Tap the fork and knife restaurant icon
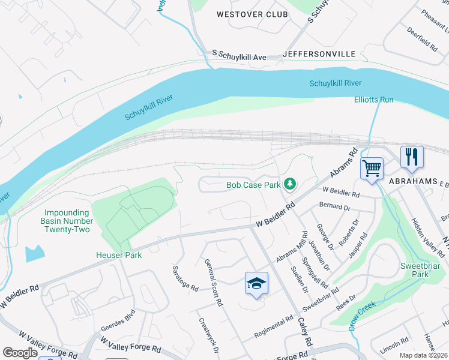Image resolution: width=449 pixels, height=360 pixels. [x=412, y=157]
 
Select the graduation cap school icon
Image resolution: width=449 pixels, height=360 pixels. [x=256, y=283]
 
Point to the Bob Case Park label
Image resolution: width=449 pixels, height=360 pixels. [x=253, y=185]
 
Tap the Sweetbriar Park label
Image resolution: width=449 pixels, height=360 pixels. [x=414, y=269]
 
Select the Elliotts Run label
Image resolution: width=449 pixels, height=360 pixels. [x=373, y=100]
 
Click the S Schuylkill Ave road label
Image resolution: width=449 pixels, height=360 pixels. [x=239, y=55]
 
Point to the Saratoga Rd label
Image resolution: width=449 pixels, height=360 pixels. [x=186, y=278]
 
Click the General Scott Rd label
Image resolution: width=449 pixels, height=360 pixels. [x=214, y=283]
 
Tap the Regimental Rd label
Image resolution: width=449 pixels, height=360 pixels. [x=273, y=327]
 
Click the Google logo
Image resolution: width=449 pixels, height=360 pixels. [x=20, y=353]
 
